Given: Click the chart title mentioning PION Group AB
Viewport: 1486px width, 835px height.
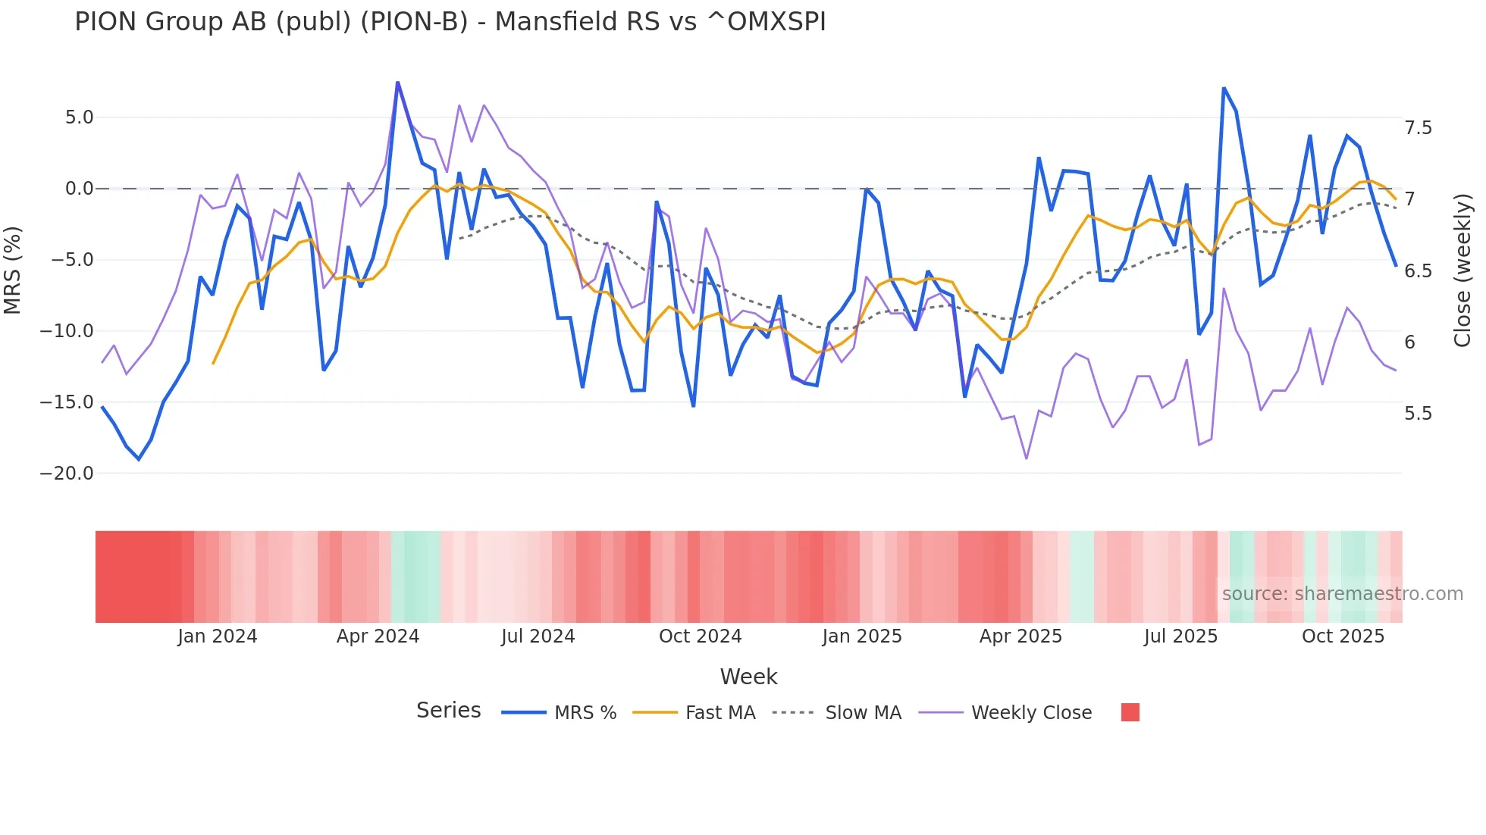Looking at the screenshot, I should point(450,22).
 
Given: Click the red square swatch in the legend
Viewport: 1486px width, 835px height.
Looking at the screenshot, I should point(1130,712).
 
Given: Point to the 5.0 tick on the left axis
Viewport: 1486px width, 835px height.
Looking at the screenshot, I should point(79,117).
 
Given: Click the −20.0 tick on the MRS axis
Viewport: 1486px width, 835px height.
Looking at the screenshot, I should point(67,474).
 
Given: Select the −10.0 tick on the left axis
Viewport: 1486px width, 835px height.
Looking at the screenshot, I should point(67,331).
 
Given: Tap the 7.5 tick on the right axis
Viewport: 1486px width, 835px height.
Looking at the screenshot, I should point(1418,128).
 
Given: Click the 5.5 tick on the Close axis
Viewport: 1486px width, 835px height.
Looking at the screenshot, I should point(1418,414).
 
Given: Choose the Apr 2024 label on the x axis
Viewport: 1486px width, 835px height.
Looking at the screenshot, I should point(378,636).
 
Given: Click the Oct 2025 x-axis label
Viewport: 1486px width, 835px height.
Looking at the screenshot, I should point(1343,636).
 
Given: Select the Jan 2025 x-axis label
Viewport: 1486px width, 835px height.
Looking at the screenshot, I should point(862,636).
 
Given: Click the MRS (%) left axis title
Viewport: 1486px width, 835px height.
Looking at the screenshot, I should point(13,271).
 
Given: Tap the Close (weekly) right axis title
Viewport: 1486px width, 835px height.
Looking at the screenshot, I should point(1462,271).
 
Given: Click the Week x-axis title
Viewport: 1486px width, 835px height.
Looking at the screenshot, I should point(748,677).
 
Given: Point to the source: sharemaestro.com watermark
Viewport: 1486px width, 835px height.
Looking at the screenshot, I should point(1342,594).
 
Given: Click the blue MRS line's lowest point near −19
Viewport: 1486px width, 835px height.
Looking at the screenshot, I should point(139,459).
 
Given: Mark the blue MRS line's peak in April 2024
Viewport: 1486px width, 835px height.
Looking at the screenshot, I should point(397,83).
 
